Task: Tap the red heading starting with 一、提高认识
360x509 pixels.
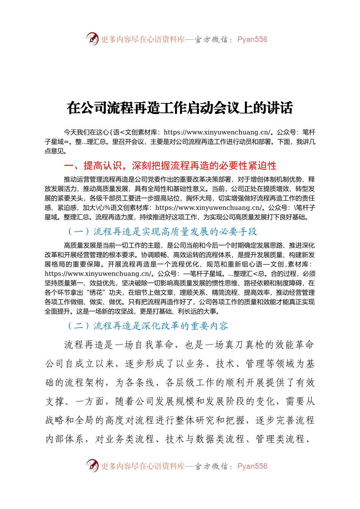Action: (x=170, y=166)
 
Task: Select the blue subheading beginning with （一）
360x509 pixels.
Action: (x=162, y=231)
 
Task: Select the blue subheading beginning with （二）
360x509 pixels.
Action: (x=148, y=326)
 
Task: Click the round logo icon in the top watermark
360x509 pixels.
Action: (x=92, y=39)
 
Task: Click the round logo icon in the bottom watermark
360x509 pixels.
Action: (x=92, y=466)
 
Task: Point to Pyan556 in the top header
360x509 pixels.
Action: (x=252, y=39)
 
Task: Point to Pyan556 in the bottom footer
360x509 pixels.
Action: (x=252, y=466)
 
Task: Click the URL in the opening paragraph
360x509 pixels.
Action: (x=217, y=132)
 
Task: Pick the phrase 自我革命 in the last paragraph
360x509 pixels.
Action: (x=154, y=345)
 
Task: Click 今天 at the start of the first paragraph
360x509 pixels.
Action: (x=70, y=132)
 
